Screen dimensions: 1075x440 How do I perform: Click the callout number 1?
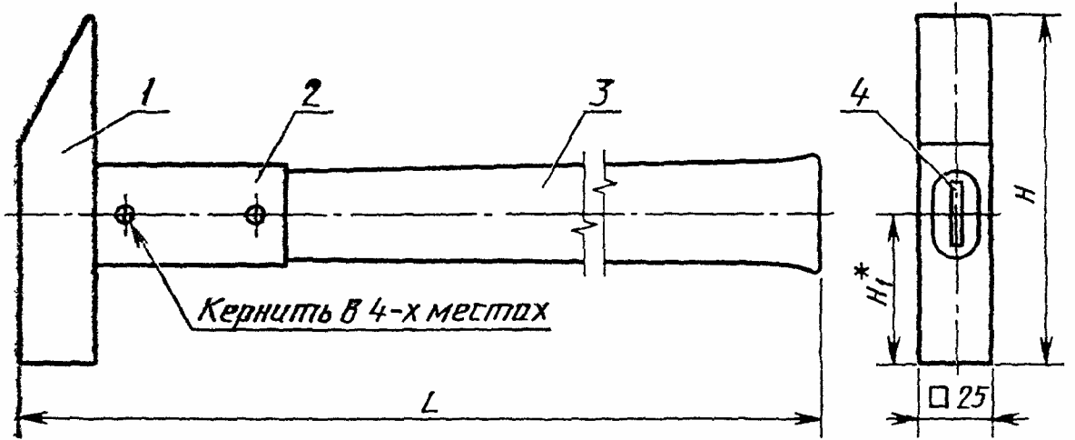[146, 94]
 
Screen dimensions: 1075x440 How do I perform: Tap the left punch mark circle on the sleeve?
[124, 215]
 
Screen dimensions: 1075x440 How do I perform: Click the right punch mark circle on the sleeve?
[257, 215]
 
